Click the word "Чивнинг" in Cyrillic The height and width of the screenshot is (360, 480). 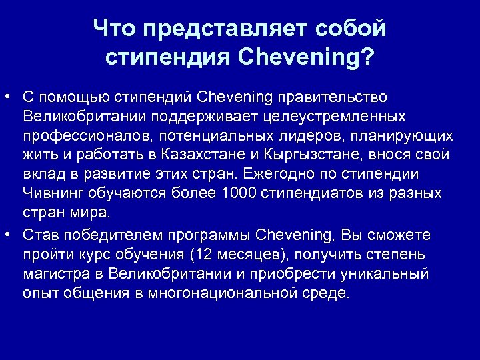[x=52, y=194]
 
